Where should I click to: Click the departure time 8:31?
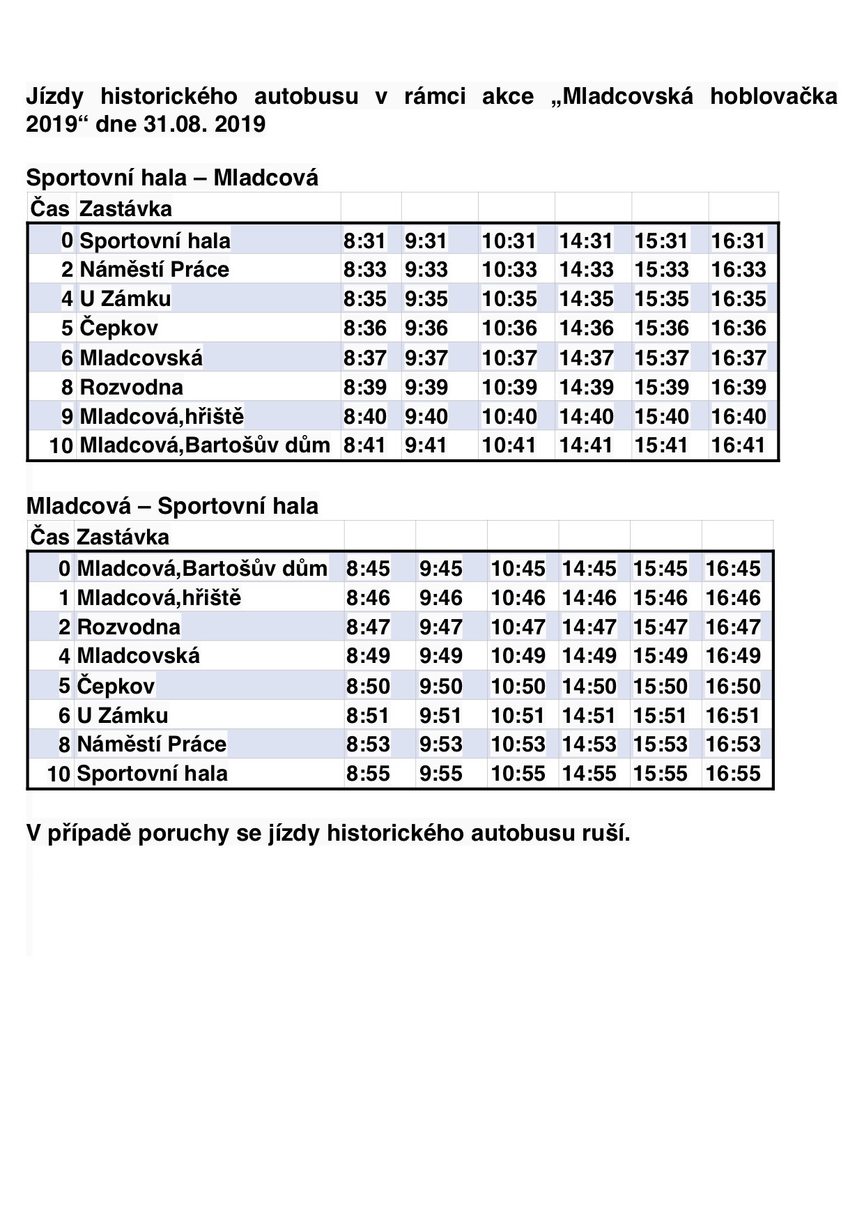[364, 241]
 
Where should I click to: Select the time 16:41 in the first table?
[738, 445]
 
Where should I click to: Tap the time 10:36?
[509, 328]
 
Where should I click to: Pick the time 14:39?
[586, 388]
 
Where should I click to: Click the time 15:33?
[661, 270]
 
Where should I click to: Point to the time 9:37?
[426, 358]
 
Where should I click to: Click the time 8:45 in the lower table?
[368, 569]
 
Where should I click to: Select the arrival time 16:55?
[733, 774]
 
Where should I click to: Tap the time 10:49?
[518, 656]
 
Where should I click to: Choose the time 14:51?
[589, 716]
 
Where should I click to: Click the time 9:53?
[440, 744]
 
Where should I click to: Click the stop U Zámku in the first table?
[125, 299]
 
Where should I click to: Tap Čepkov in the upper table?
[118, 328]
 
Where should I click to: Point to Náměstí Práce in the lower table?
[151, 744]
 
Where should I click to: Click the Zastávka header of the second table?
[123, 537]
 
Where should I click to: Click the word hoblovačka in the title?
[773, 96]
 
